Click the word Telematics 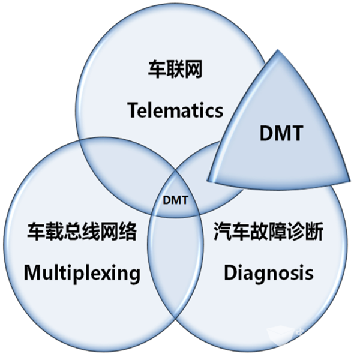pos(175,110)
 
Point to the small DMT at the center pos(176,199)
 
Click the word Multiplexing pos(82,273)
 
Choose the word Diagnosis pos(268,273)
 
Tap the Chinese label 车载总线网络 pos(82,232)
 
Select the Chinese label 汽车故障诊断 pos(268,232)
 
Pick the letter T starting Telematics pos(133,110)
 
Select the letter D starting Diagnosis pos(231,273)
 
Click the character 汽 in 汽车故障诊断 pos(221,232)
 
